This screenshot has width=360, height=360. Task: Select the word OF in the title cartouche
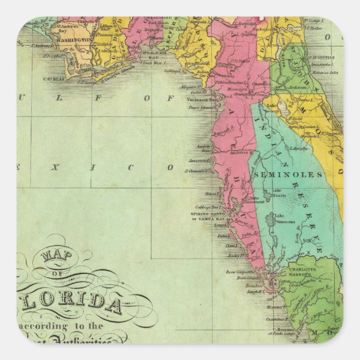point(56,273)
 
